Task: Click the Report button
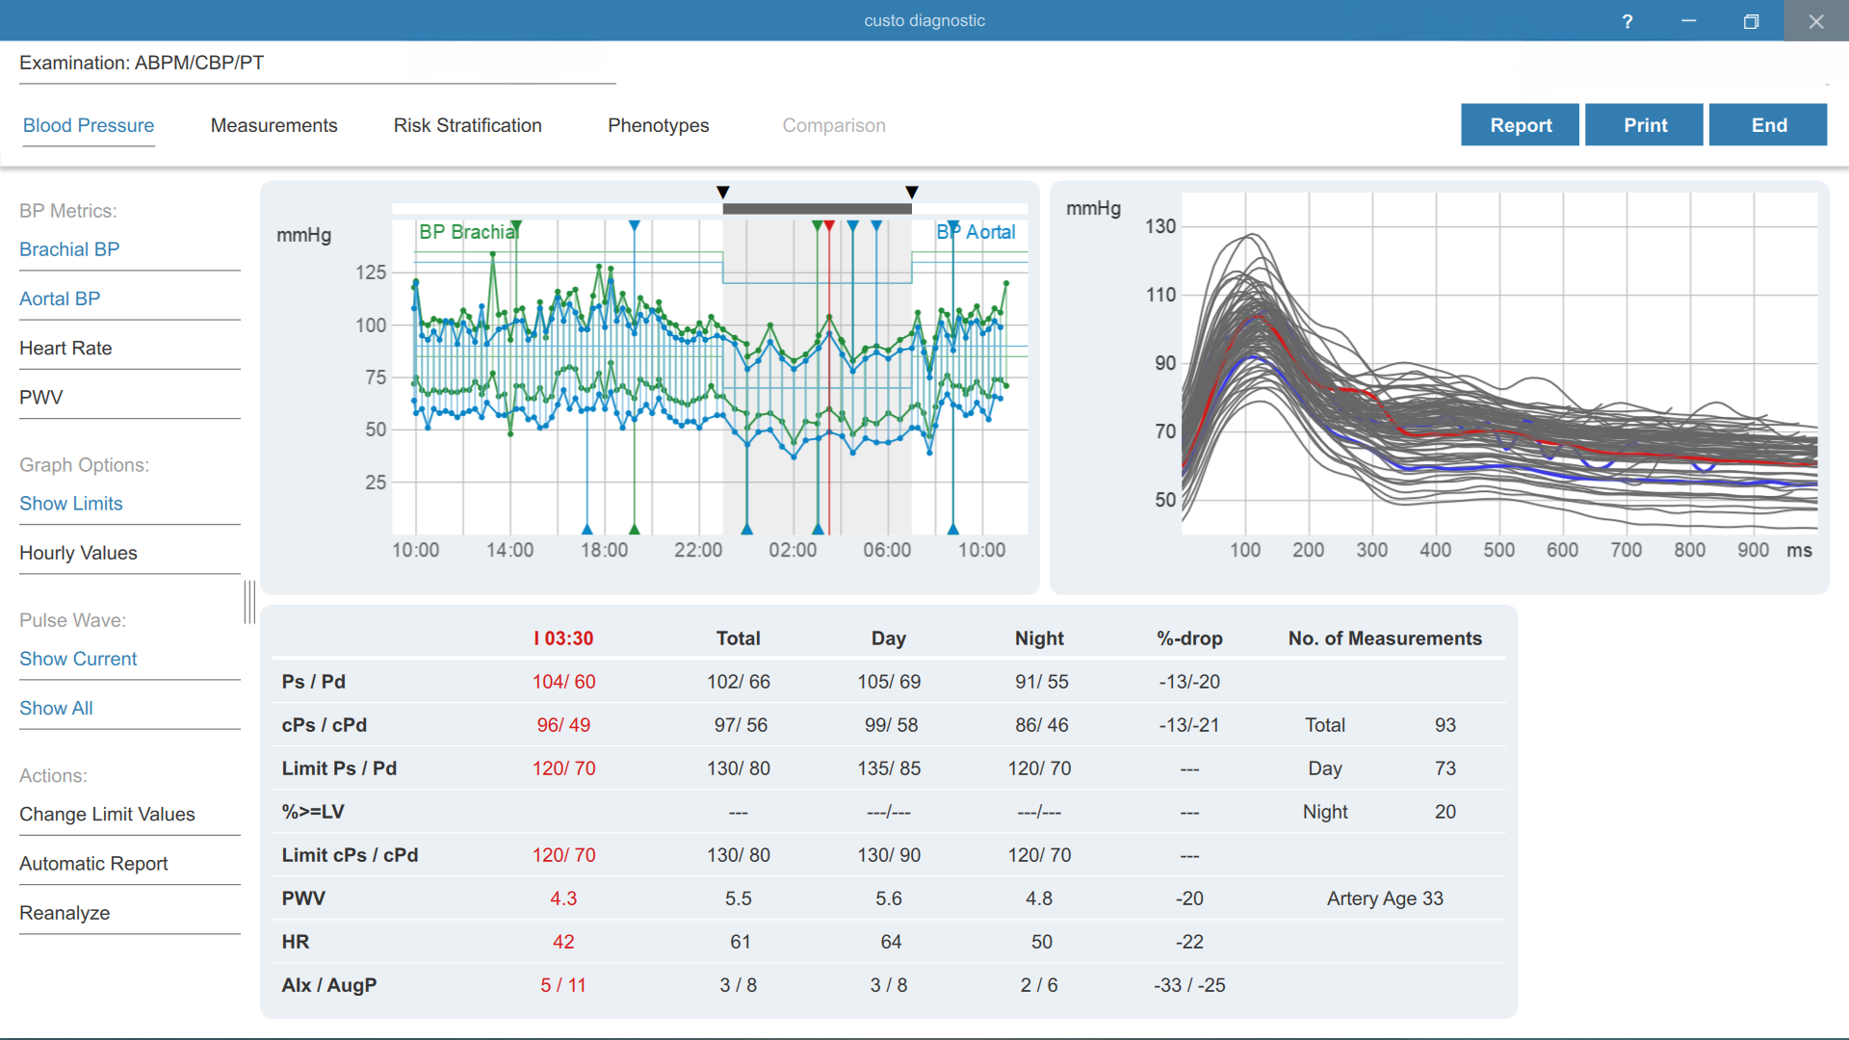coord(1520,125)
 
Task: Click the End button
coord(1768,125)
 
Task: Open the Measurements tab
coord(274,125)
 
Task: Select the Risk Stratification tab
coord(468,125)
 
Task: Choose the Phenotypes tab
coord(659,125)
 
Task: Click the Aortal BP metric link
coord(60,299)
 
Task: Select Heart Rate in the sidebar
coord(65,348)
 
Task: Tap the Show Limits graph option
coord(71,504)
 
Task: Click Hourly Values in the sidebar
coord(78,553)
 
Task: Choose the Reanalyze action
coord(65,913)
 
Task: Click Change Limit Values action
coord(107,814)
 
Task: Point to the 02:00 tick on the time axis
coord(793,550)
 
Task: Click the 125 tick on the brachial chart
coord(371,273)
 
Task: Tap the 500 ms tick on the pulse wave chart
coord(1498,550)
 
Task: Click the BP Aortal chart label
coord(976,232)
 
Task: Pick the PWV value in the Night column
coord(1039,898)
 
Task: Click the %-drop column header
coord(1189,638)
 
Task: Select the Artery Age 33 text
coord(1385,898)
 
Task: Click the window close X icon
coord(1816,21)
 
